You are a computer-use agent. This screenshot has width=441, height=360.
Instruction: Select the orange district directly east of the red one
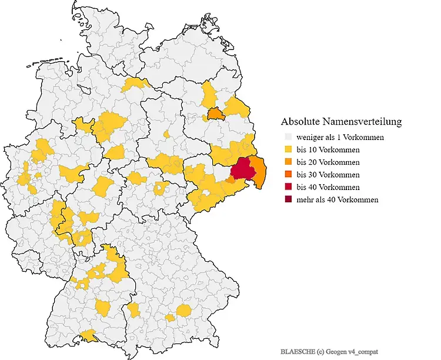tap(258, 170)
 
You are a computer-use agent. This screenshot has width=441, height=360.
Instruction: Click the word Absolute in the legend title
tap(300, 122)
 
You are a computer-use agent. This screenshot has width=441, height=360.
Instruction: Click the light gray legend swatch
tap(288, 137)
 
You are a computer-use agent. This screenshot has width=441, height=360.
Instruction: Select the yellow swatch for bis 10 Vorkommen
tap(288, 149)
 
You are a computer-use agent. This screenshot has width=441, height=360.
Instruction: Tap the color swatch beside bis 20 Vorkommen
tap(288, 162)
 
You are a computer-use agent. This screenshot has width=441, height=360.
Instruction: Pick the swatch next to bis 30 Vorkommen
tap(288, 175)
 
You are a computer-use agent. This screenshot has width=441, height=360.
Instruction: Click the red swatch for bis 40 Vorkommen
tap(288, 187)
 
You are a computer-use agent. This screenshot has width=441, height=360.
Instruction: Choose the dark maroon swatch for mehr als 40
tap(288, 199)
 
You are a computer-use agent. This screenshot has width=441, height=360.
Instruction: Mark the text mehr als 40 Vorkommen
tap(337, 199)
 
